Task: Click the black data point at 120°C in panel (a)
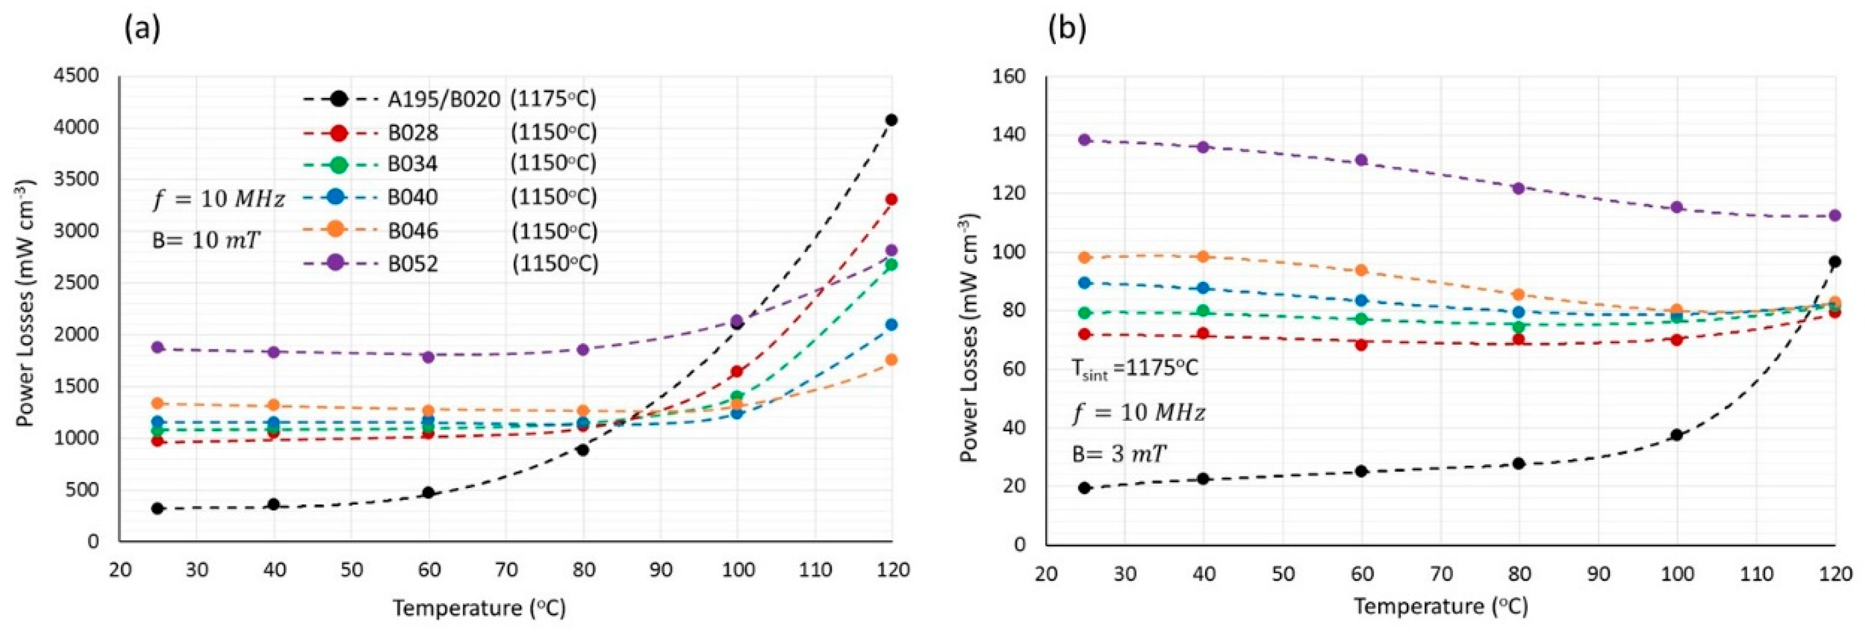[x=891, y=119]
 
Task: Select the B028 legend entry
[x=412, y=133]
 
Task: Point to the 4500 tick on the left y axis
[x=76, y=76]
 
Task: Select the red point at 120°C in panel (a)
[x=891, y=199]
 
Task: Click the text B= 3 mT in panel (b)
[x=1119, y=454]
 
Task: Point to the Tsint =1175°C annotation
[x=1134, y=369]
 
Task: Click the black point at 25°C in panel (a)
[x=158, y=508]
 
